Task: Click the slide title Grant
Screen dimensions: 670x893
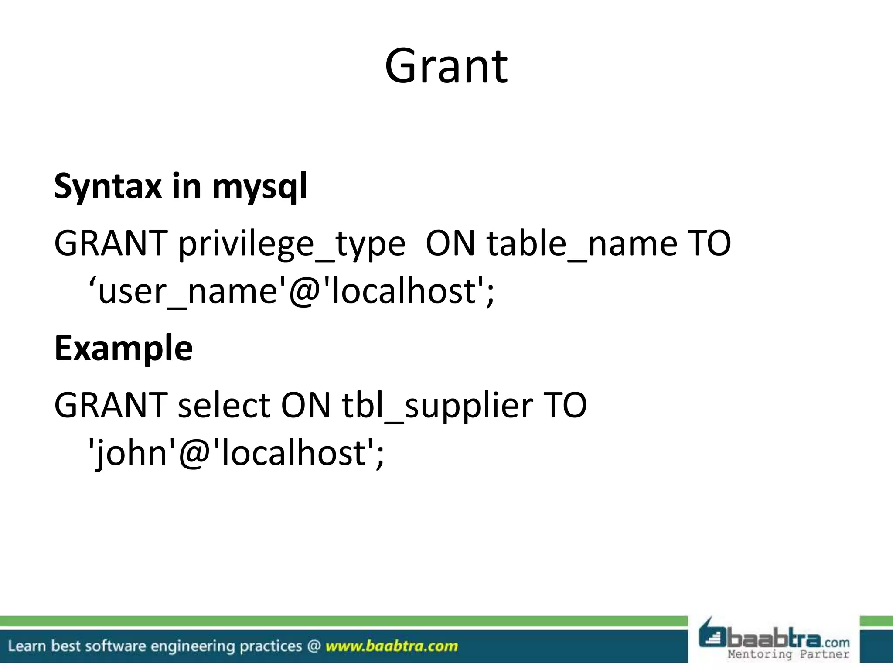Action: pos(446,67)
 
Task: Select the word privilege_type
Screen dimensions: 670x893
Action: pos(292,244)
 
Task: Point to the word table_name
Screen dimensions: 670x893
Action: pos(582,243)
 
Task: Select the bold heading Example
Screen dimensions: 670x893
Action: pos(123,348)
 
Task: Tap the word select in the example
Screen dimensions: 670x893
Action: pos(224,405)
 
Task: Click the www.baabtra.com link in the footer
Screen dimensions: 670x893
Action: pos(392,646)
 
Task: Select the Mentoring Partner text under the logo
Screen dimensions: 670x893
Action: pos(788,654)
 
